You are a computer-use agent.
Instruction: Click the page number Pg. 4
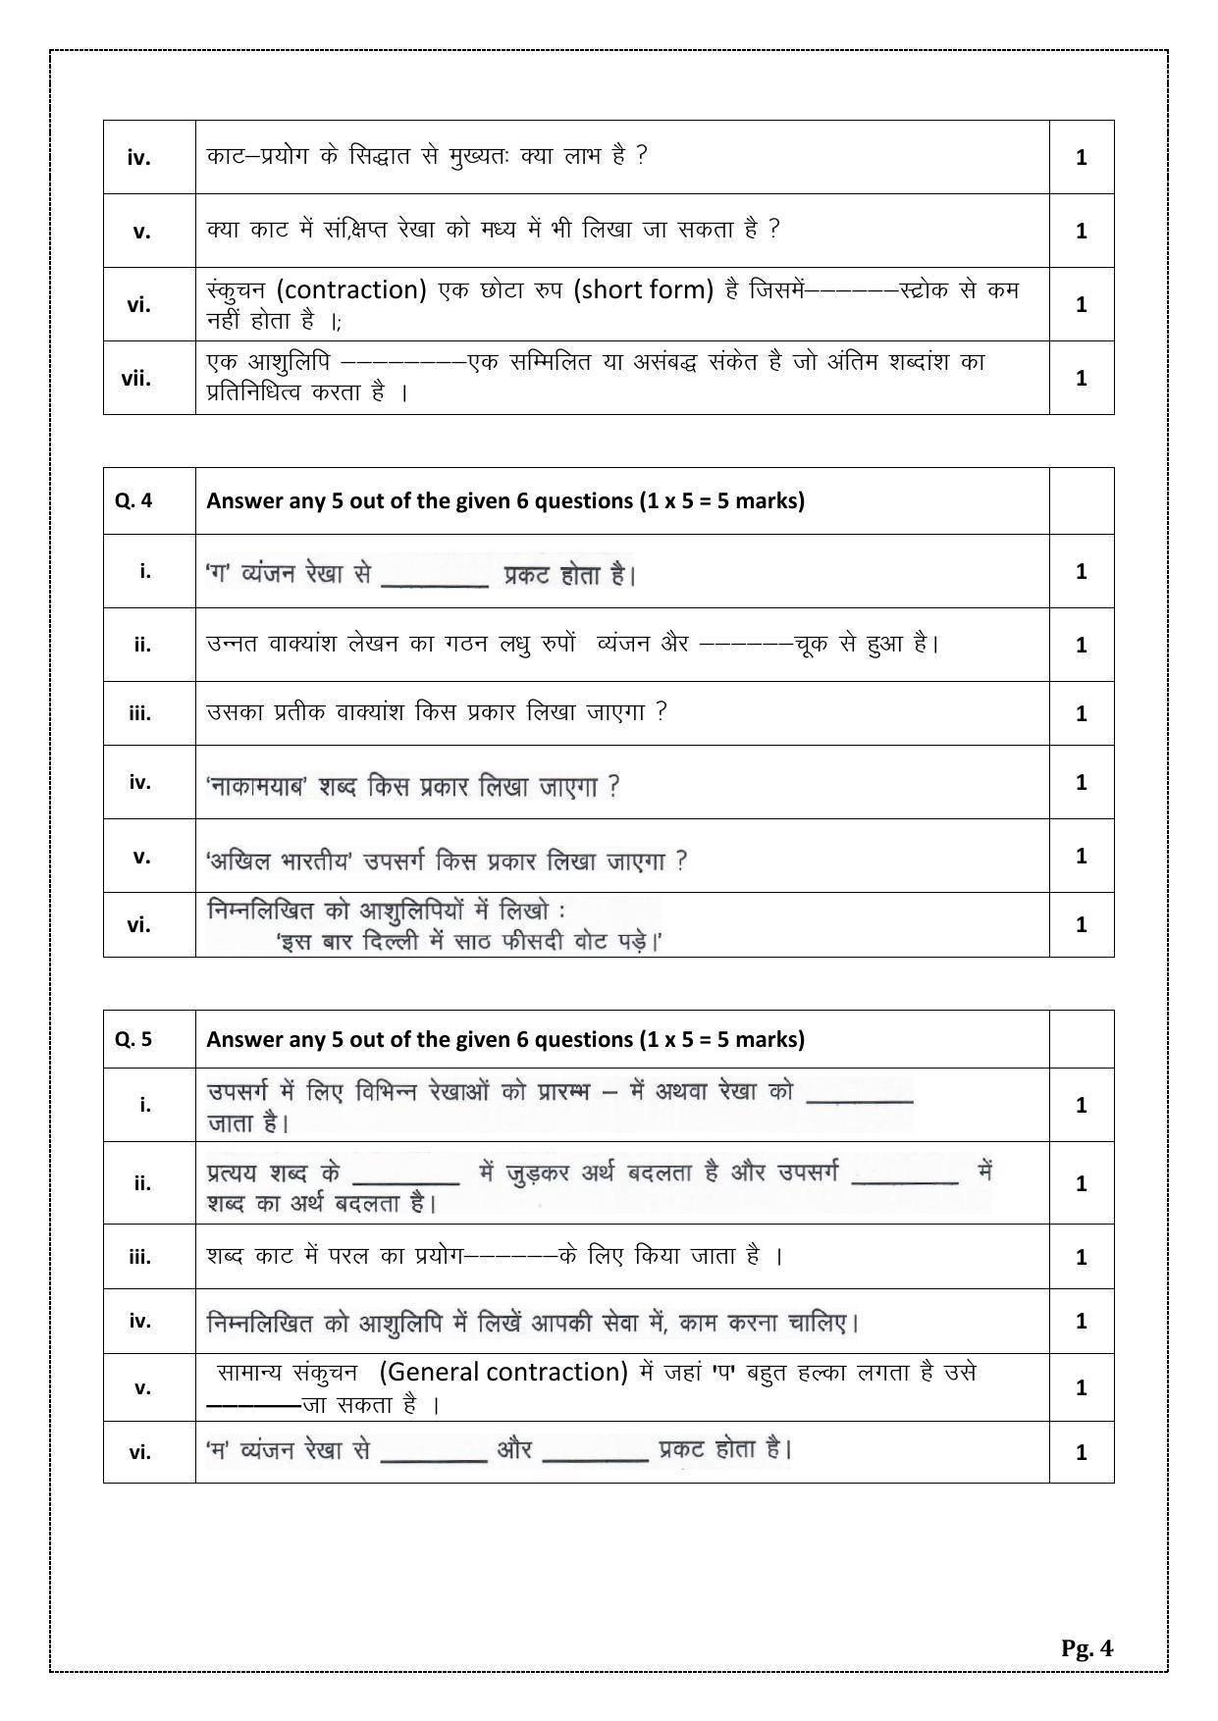pyautogui.click(x=1086, y=1647)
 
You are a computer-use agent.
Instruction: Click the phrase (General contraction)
pyautogui.click(x=503, y=1372)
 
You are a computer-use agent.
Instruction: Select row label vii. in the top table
pyautogui.click(x=136, y=378)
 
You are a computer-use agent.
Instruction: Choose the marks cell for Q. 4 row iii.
pyautogui.click(x=1081, y=713)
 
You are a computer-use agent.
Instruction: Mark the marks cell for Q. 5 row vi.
pyautogui.click(x=1081, y=1452)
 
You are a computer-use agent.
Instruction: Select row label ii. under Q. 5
pyautogui.click(x=142, y=1183)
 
